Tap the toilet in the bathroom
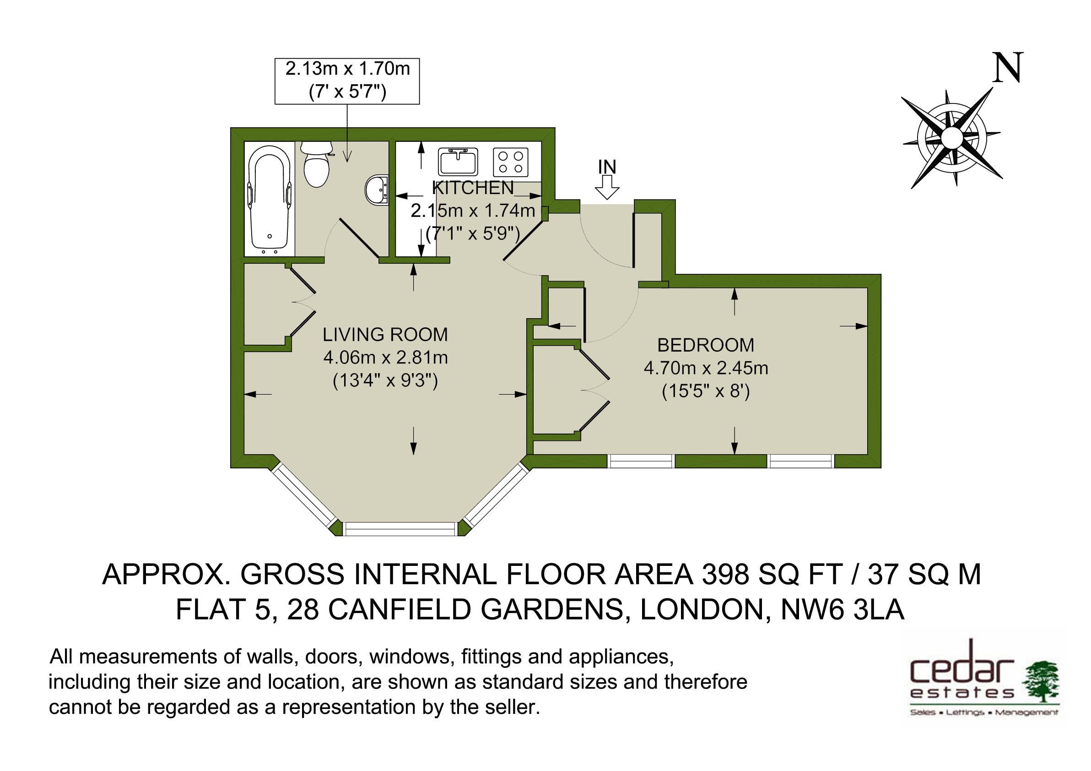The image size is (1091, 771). pyautogui.click(x=316, y=164)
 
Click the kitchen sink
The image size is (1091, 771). pyautogui.click(x=458, y=162)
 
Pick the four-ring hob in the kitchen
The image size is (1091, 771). pyautogui.click(x=511, y=162)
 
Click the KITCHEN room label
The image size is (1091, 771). pyautogui.click(x=473, y=188)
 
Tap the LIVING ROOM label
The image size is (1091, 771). pyautogui.click(x=385, y=335)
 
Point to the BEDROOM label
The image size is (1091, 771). pyautogui.click(x=706, y=345)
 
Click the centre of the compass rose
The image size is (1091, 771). pyautogui.click(x=951, y=138)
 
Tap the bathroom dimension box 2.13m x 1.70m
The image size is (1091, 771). pyautogui.click(x=347, y=81)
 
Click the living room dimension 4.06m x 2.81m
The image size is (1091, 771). pyautogui.click(x=385, y=358)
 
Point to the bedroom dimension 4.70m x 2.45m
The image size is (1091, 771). pyautogui.click(x=706, y=369)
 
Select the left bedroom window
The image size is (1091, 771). pyautogui.click(x=642, y=461)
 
